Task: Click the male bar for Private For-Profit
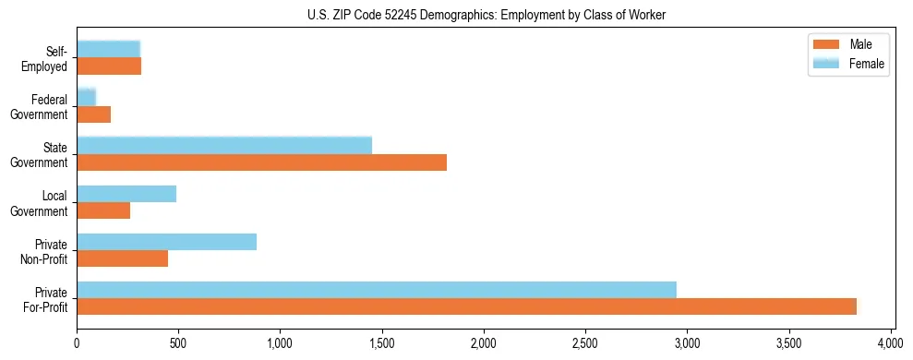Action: tap(466, 307)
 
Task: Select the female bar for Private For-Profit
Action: tap(377, 290)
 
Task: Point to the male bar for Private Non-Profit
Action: tap(122, 259)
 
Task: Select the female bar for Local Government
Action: tap(126, 194)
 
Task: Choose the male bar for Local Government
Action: tap(103, 211)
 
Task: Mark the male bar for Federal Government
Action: tap(93, 115)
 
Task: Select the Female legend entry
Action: tap(848, 64)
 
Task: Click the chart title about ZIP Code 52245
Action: tap(487, 16)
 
